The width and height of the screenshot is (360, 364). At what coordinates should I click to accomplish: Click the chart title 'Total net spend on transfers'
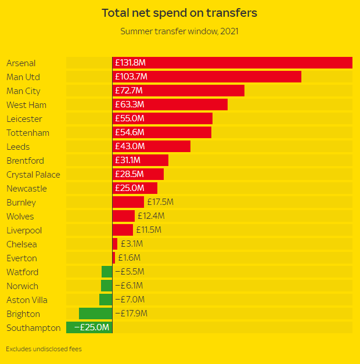click(179, 13)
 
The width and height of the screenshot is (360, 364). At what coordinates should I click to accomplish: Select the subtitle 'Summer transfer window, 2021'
click(179, 31)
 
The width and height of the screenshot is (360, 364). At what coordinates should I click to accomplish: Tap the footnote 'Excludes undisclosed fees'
click(44, 349)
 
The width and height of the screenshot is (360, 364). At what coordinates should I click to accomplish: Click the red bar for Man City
click(178, 91)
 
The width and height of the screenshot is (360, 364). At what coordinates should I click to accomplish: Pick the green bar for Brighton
click(95, 313)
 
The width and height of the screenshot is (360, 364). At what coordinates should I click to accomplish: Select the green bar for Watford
click(107, 272)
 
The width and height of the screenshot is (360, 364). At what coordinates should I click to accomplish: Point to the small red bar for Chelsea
click(115, 244)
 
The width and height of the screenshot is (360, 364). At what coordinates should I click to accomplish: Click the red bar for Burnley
click(128, 202)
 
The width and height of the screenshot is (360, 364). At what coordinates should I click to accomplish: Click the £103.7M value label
click(132, 77)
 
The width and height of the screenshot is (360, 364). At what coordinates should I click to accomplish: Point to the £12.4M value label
click(151, 216)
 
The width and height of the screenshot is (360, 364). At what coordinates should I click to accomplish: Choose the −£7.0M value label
click(129, 300)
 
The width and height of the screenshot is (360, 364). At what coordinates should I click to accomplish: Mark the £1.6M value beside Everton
click(129, 258)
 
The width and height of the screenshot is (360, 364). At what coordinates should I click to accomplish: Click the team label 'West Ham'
click(26, 104)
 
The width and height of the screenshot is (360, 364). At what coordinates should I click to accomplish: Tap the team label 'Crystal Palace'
click(33, 174)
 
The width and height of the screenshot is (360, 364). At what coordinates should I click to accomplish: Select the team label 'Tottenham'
click(28, 132)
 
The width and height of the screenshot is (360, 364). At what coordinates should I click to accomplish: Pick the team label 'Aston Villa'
click(27, 300)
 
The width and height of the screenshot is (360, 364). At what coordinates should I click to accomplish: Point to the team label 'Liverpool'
click(25, 230)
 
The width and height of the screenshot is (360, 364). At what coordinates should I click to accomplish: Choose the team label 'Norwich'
click(22, 286)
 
